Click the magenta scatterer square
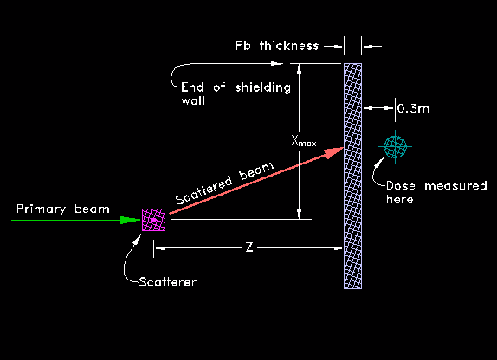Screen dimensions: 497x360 [153, 220]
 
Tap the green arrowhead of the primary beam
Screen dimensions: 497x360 [130, 220]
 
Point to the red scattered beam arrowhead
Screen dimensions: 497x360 [334, 152]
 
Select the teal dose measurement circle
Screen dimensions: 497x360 [395, 147]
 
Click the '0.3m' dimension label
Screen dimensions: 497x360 [413, 109]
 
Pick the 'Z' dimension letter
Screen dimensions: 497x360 [249, 247]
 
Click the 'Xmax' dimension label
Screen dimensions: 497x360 [304, 141]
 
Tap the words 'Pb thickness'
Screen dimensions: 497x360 [277, 46]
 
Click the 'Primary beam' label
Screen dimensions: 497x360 [63, 209]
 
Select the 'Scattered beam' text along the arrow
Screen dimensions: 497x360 [224, 183]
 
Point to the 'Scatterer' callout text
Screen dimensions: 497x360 [168, 282]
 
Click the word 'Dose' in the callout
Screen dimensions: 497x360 [401, 186]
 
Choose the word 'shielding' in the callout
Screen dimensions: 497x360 [262, 87]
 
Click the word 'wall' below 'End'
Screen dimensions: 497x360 [193, 100]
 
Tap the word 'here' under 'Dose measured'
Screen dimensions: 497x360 [400, 199]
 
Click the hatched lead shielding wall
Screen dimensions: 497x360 [352, 176]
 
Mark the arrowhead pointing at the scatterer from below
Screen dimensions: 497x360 [138, 239]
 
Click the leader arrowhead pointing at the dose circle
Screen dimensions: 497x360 [379, 163]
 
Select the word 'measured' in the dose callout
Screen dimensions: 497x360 [455, 186]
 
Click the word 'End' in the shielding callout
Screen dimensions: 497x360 [192, 87]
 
